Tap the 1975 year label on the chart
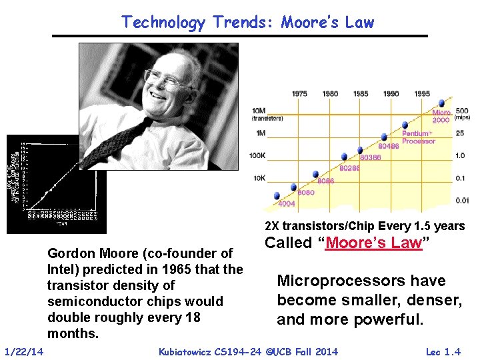click(x=299, y=94)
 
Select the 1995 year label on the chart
click(x=421, y=94)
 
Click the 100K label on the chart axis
click(x=257, y=155)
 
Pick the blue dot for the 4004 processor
click(x=277, y=195)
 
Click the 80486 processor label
click(x=388, y=146)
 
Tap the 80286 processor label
click(x=349, y=169)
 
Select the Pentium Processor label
click(x=419, y=137)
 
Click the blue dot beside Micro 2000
click(x=440, y=103)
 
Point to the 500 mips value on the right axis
click(x=461, y=111)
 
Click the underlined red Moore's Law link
click(x=373, y=243)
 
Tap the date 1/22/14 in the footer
click(x=24, y=351)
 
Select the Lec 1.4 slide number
click(x=443, y=351)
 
